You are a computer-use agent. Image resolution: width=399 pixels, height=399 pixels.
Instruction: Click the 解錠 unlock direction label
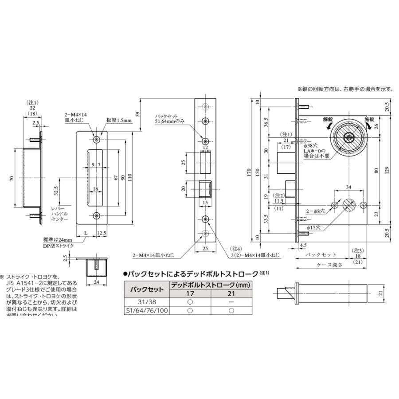point(328,119)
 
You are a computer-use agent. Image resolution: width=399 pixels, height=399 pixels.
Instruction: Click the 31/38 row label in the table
point(146,302)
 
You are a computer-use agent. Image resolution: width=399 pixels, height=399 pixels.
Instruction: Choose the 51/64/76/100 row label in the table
point(146,311)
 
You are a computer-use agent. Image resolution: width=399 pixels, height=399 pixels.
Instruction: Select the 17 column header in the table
point(189,293)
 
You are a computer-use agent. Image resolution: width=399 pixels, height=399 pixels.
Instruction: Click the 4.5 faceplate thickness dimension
point(303,244)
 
